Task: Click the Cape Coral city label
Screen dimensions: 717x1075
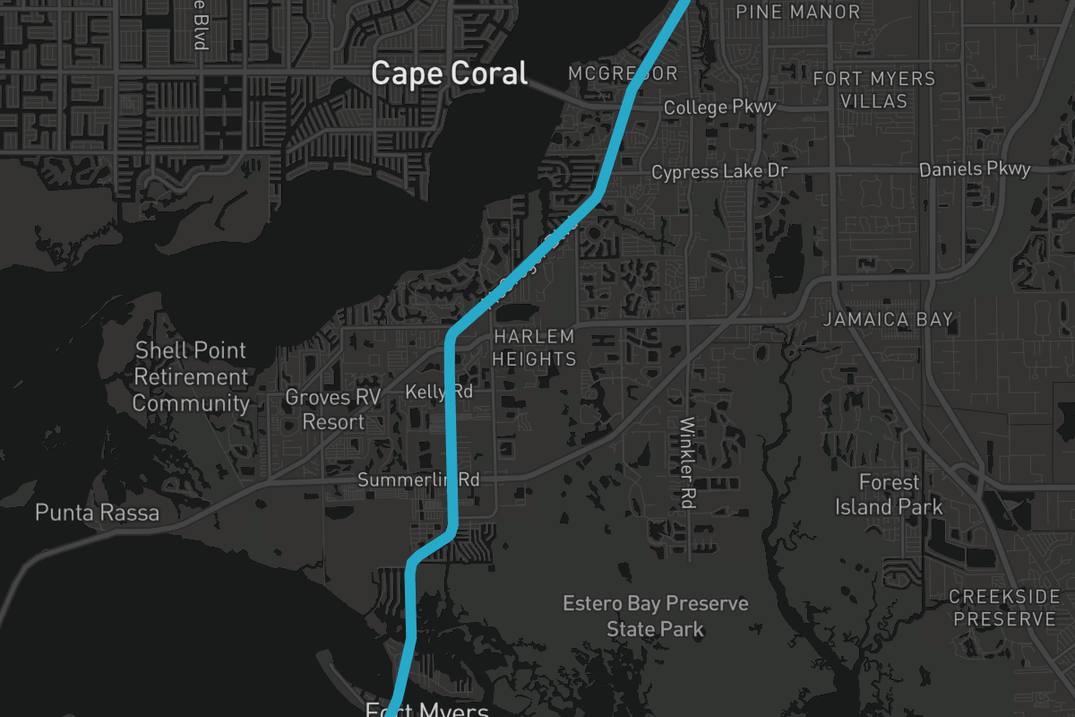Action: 450,73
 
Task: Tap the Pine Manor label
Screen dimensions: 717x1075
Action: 797,12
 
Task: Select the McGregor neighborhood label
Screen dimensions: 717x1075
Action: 623,73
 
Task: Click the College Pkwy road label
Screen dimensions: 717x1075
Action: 719,108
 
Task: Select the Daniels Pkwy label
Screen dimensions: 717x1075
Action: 975,168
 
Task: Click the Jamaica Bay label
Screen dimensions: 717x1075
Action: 888,320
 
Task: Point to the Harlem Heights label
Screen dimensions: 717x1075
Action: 534,348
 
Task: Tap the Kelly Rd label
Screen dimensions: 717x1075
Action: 438,392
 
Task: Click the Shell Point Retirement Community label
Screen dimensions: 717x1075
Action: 190,376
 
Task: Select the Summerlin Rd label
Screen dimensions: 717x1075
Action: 418,479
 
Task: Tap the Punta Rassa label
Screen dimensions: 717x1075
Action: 97,513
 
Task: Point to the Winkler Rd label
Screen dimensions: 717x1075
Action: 688,462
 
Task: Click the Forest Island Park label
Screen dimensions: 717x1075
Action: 889,495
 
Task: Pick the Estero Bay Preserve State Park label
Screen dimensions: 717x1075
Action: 655,616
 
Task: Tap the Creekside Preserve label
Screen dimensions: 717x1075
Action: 1004,608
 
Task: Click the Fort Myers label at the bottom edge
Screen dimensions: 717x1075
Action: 427,711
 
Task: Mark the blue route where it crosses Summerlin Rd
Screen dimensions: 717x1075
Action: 452,479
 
